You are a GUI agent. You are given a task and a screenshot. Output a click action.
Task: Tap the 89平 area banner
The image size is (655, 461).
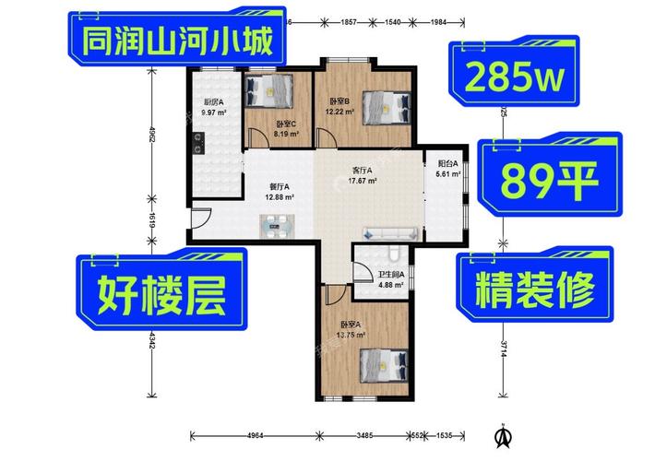[x=548, y=181]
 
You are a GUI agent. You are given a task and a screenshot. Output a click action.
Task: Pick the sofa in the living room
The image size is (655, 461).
[x=391, y=233]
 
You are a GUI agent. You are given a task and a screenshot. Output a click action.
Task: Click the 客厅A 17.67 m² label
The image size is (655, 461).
[x=363, y=175]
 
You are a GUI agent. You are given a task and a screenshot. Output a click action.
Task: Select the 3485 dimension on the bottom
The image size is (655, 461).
[x=365, y=435]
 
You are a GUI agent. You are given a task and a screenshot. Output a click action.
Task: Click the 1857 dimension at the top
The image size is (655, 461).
[x=349, y=21]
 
